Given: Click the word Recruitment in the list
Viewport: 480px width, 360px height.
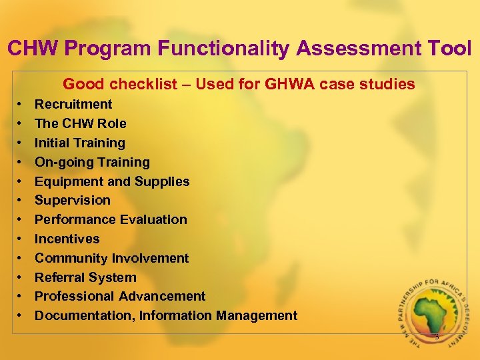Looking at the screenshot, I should coord(73,104).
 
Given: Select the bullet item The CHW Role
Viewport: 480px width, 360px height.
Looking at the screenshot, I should coord(80,123).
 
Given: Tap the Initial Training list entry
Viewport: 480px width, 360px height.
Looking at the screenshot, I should coord(79,143).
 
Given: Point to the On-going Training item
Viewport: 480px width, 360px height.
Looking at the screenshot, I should coord(92,162).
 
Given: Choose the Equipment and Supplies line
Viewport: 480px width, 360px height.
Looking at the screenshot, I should coord(112,181).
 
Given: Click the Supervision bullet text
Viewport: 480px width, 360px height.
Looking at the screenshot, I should coord(73,200).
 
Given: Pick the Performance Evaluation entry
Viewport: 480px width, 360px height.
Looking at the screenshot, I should coord(111,219).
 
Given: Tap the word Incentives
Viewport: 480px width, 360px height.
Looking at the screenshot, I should coord(67,239).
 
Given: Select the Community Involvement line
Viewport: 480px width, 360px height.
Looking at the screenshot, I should coord(111,258).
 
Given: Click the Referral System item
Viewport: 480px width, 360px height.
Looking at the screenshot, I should coord(85,277).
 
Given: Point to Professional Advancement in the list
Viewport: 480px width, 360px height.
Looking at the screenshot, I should coord(120,296).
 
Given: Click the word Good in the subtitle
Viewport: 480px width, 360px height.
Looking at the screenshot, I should coord(83,84).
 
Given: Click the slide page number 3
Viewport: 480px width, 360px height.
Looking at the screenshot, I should coord(437,337).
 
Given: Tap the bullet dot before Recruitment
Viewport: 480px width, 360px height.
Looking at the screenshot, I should coord(20,105).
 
